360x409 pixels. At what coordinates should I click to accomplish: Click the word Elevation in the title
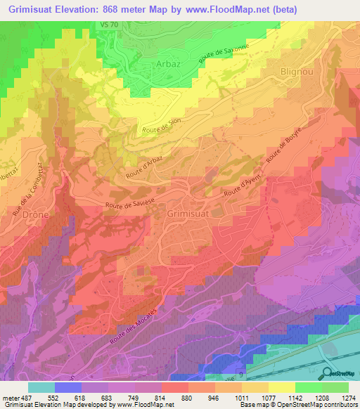82,10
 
